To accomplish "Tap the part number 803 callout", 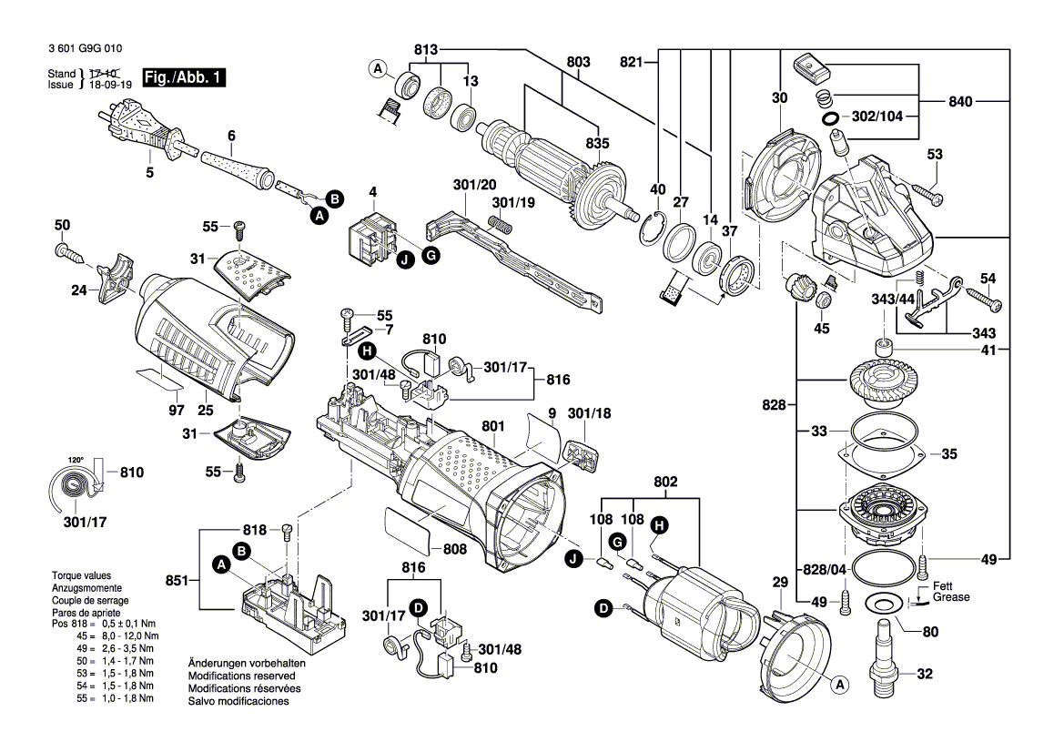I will click(x=578, y=62).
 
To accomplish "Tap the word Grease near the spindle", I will click(x=950, y=597).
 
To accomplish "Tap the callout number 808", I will click(x=454, y=549).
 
